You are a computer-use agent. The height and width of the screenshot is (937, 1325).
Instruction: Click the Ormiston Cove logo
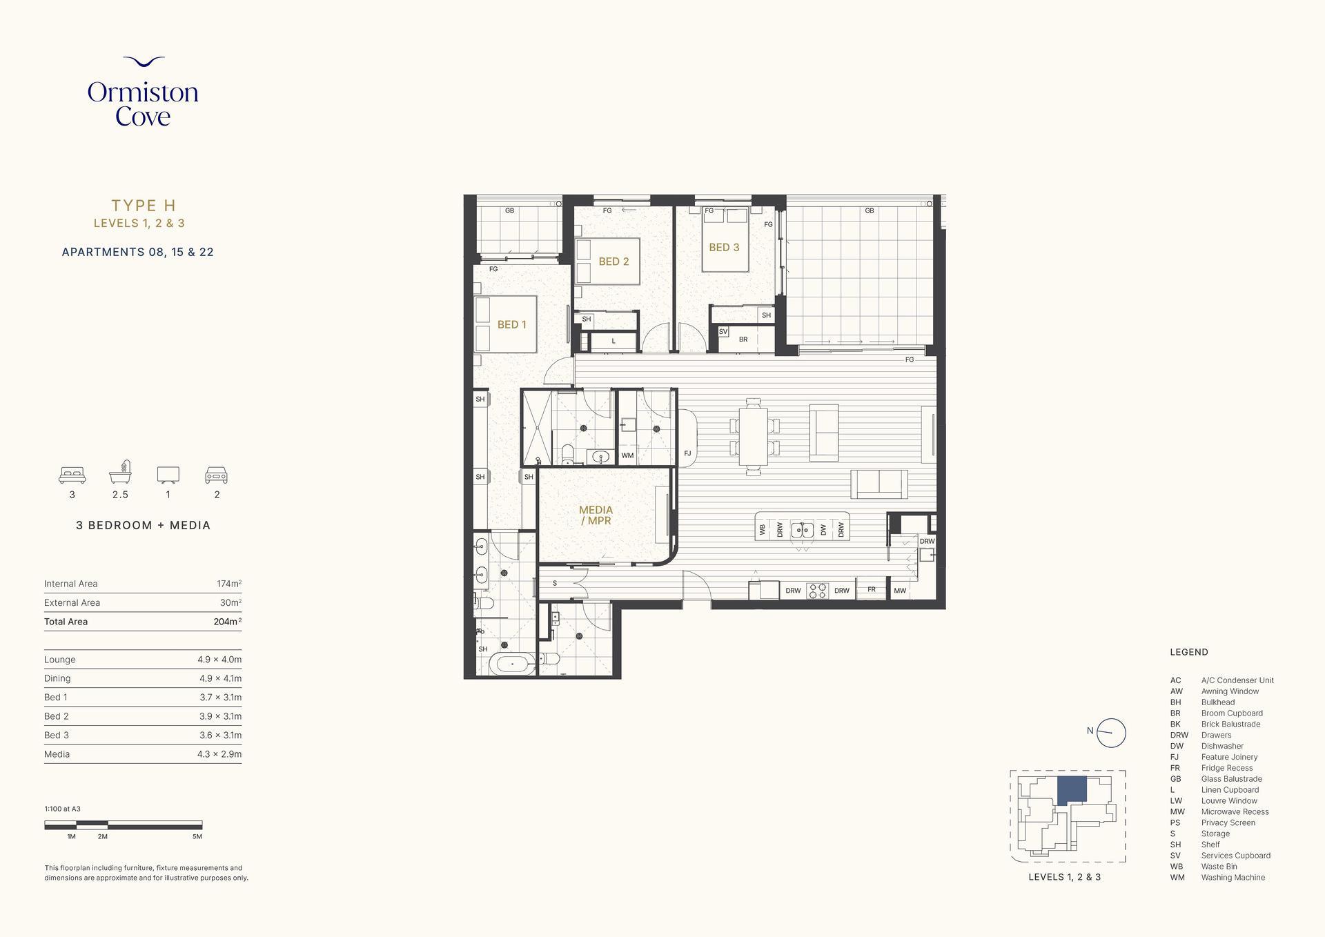tap(143, 92)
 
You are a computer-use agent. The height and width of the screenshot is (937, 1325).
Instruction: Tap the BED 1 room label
tap(511, 324)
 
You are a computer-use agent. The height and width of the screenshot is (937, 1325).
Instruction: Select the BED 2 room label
tap(614, 262)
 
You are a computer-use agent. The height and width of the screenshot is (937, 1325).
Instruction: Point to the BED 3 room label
tap(724, 247)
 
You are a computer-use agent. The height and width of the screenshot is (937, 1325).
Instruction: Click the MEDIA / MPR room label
tap(596, 515)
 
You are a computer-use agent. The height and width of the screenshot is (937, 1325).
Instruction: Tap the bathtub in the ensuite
tap(512, 664)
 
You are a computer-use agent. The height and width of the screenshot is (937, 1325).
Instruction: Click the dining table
tap(753, 437)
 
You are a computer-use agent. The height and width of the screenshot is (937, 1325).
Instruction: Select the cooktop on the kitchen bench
tap(818, 591)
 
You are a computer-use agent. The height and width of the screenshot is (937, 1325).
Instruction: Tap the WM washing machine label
tap(627, 455)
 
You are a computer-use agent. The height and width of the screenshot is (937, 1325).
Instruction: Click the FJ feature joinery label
tap(687, 453)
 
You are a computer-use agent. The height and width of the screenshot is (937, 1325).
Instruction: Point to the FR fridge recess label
tap(872, 589)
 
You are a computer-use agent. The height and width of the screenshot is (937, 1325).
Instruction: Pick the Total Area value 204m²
tap(227, 622)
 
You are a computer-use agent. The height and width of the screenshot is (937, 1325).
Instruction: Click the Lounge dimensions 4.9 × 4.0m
tap(219, 660)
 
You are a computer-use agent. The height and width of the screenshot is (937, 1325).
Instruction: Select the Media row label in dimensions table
tap(57, 754)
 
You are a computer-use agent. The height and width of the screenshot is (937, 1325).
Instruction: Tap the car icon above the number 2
tap(216, 475)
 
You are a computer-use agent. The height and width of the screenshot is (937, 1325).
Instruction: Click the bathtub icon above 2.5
tap(120, 472)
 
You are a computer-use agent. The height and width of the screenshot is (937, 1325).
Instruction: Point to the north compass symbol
tap(1110, 733)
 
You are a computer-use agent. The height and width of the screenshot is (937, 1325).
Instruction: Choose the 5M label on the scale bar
tap(197, 836)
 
